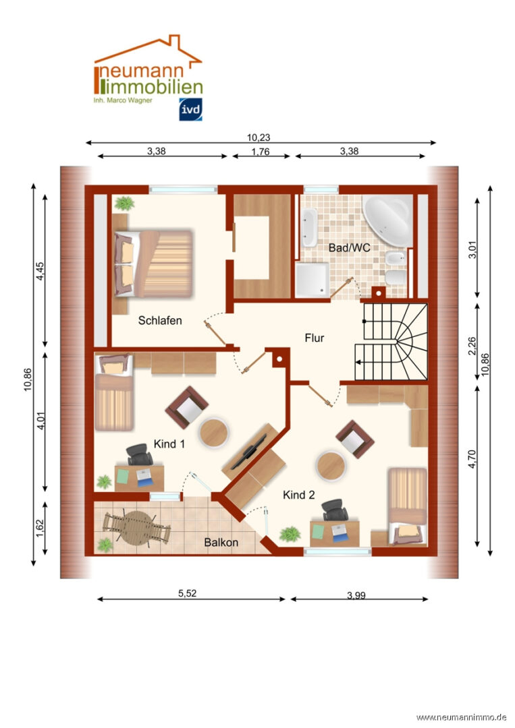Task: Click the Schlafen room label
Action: point(160,320)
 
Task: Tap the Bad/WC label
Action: point(350,247)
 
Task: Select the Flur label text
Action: point(315,338)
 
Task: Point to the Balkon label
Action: point(221,542)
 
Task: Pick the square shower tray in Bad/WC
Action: point(313,280)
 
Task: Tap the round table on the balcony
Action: point(136,528)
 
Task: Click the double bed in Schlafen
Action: point(153,264)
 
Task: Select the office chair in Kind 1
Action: point(140,454)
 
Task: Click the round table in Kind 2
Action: point(331,466)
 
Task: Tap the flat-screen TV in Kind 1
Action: point(249,452)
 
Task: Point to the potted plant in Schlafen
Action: point(124,203)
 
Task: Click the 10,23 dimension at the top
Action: point(259,138)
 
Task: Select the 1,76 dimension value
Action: point(261,152)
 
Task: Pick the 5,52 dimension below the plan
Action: point(188,593)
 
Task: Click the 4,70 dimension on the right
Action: point(472,459)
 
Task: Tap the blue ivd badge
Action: point(190,110)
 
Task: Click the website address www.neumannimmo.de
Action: point(461,718)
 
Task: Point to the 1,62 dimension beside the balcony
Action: point(40,528)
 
